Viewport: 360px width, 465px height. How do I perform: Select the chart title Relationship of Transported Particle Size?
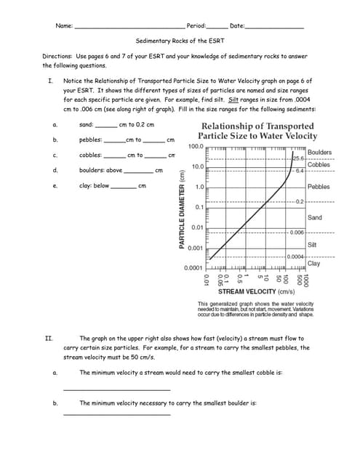(258, 131)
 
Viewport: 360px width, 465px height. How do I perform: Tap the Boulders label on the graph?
(319, 152)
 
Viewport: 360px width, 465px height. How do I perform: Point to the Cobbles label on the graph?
(319, 165)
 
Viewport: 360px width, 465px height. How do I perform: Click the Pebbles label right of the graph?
(319, 187)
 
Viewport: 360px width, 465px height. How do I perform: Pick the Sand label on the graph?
(315, 217)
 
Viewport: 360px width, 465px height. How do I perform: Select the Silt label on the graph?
(312, 244)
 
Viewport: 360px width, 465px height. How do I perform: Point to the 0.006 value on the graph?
(296, 232)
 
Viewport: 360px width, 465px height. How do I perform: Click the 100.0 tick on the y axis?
(195, 147)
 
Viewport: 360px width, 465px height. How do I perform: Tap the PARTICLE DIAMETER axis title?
(182, 207)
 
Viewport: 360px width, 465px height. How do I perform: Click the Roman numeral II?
(48, 339)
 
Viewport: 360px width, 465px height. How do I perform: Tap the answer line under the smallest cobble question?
(116, 390)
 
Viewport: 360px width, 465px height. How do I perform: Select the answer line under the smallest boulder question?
(116, 415)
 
